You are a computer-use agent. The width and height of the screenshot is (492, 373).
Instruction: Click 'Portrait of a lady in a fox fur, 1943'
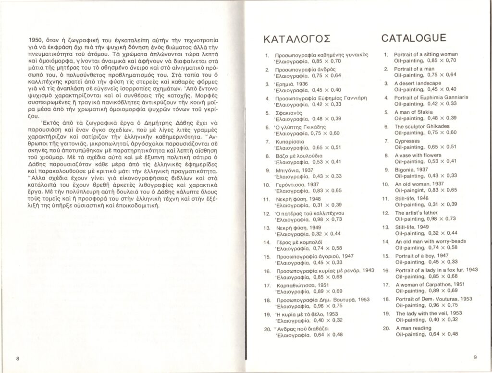436,270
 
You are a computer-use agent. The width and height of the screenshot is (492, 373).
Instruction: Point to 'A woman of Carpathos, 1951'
425,285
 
